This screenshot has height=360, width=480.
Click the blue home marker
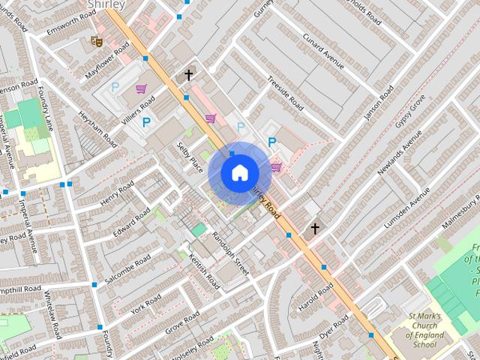coord(239,173)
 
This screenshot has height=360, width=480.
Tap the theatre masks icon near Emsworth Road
coord(96,40)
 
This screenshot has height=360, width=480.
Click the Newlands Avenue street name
coord(400,155)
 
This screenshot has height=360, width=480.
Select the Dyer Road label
coord(334,325)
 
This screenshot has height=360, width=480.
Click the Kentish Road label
coord(204,271)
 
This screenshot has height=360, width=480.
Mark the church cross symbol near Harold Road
coord(315,228)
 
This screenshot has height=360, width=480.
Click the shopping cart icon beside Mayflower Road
coord(141,88)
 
